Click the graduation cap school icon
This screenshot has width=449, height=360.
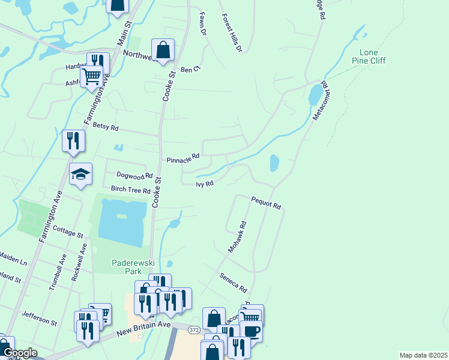click(x=80, y=174)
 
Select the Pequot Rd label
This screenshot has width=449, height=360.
click(x=267, y=203)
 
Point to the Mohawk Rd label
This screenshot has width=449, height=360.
click(x=238, y=236)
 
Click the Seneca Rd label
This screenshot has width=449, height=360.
click(x=234, y=281)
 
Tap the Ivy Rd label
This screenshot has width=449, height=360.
click(x=205, y=184)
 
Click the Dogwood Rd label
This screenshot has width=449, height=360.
click(x=134, y=176)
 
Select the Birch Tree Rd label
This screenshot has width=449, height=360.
click(x=130, y=190)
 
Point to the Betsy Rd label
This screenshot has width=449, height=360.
click(x=106, y=128)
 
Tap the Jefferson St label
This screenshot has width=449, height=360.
click(x=39, y=318)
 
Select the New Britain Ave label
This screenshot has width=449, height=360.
click(x=144, y=329)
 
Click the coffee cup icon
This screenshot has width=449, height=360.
click(x=250, y=331)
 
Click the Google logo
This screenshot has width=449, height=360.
click(x=20, y=353)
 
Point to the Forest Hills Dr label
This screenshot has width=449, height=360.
click(x=231, y=33)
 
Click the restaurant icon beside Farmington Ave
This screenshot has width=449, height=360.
click(x=73, y=140)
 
